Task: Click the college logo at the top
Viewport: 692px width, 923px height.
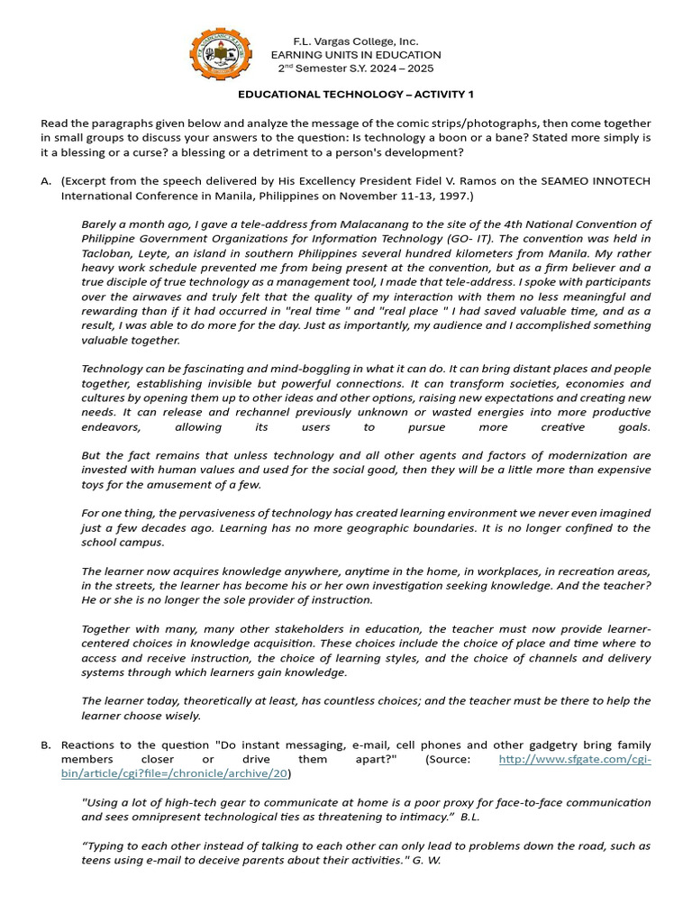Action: [221, 56]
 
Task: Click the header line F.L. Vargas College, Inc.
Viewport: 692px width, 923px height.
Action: [356, 41]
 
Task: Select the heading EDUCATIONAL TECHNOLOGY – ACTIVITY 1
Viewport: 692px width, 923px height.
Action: [355, 94]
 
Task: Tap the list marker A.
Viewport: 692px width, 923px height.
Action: [46, 181]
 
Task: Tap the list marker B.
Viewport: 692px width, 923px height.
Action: [46, 745]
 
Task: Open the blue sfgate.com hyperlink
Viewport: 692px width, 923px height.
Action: [574, 760]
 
